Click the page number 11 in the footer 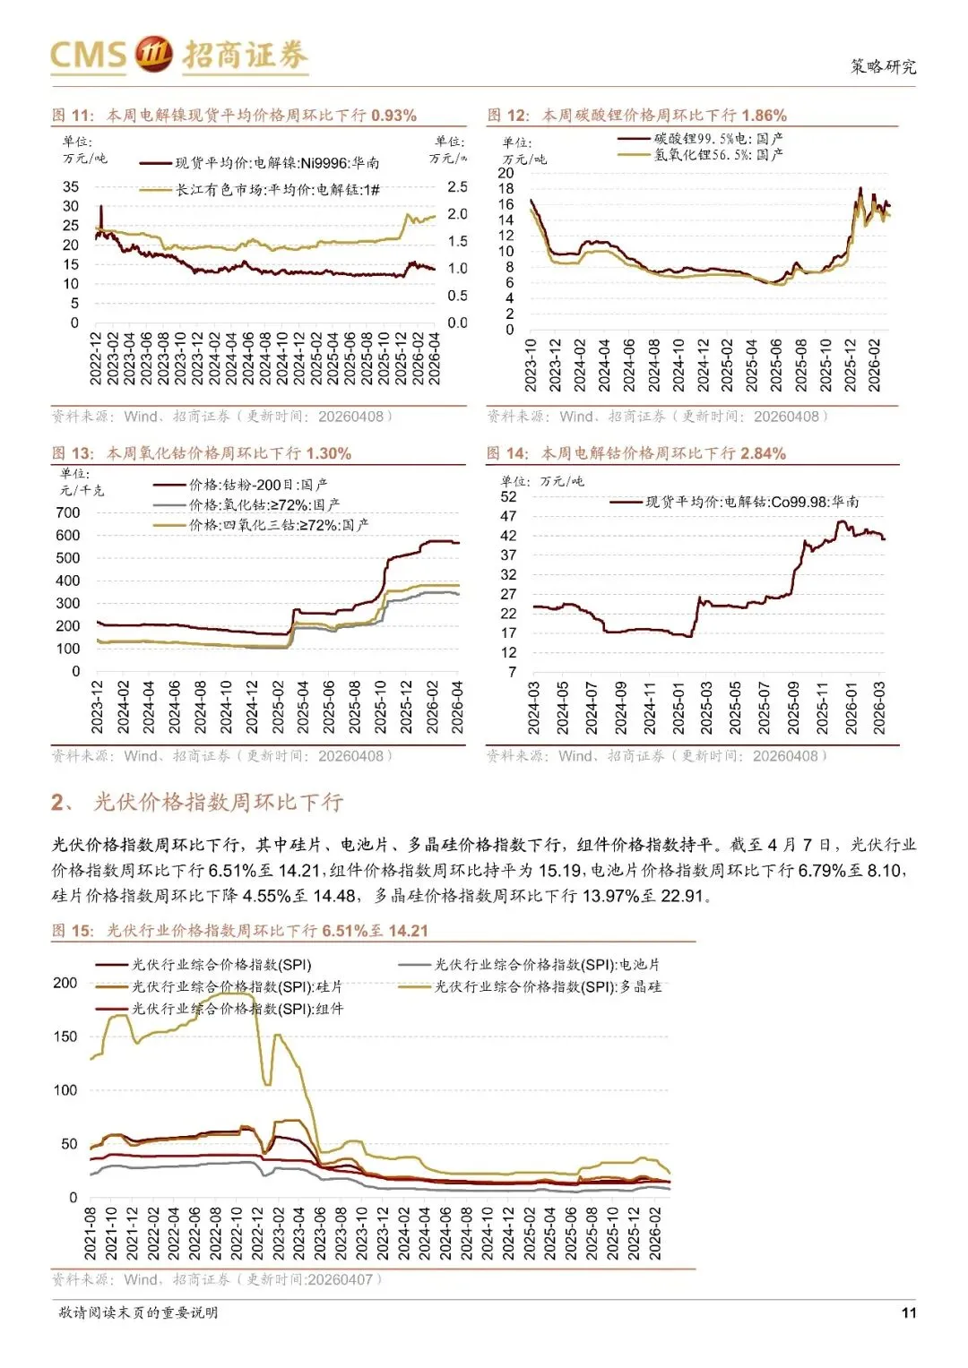pos(909,1312)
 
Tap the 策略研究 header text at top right pos(883,67)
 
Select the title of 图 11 pos(234,116)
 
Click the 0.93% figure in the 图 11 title pos(393,116)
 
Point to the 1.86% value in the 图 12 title pos(764,116)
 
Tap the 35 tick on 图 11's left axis pos(71,186)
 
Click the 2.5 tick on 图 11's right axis pos(457,187)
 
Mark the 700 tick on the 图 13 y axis pos(68,512)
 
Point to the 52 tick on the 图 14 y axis pos(508,496)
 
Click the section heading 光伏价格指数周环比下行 pos(218,802)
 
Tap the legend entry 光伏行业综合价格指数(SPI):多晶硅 pos(548,986)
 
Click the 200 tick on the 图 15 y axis pos(65,983)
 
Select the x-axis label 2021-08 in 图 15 pos(91,1234)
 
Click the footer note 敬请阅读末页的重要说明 pos(138,1312)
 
